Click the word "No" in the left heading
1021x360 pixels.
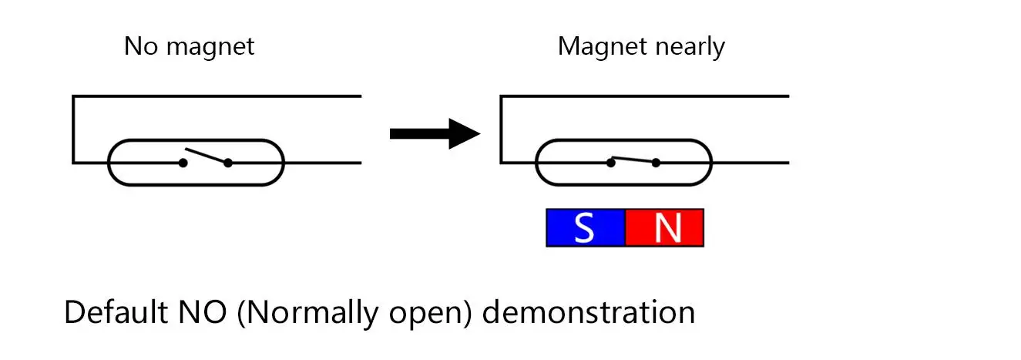click(x=141, y=46)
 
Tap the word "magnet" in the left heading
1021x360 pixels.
click(x=210, y=48)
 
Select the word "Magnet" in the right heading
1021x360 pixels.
click(x=602, y=48)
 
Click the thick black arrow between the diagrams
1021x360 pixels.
click(x=435, y=133)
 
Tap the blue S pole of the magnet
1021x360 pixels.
click(x=586, y=227)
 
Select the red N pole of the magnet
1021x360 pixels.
click(x=664, y=227)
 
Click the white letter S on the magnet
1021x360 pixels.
click(x=584, y=227)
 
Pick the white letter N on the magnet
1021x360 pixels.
click(x=668, y=227)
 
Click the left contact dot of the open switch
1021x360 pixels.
click(x=183, y=163)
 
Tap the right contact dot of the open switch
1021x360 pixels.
click(x=228, y=163)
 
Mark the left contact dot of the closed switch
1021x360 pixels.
click(x=611, y=163)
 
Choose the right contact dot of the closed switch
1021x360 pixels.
click(x=656, y=163)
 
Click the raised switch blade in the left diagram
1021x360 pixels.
click(x=207, y=156)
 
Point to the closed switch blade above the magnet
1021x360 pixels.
click(x=633, y=160)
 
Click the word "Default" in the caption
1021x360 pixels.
click(x=116, y=312)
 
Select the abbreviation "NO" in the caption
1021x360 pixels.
click(x=203, y=312)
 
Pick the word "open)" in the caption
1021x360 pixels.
click(x=430, y=315)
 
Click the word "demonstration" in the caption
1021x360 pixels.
click(x=589, y=312)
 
